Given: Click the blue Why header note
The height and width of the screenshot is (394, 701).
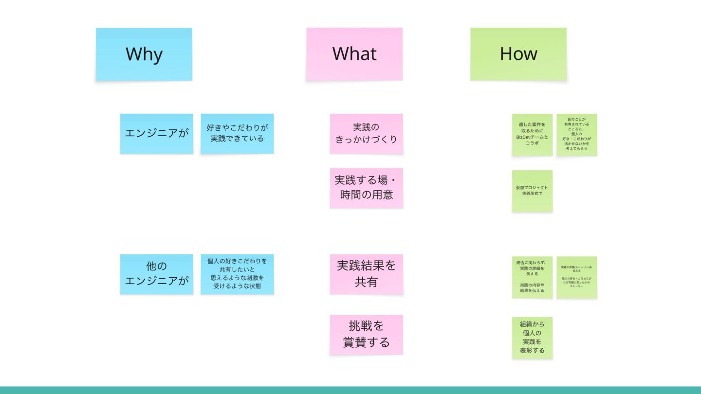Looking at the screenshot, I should pos(144,54).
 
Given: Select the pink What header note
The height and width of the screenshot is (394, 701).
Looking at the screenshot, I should pos(354,54).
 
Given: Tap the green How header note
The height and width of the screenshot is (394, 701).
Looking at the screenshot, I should pos(518,54).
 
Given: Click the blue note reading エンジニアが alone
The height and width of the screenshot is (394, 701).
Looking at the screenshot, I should pos(156,133).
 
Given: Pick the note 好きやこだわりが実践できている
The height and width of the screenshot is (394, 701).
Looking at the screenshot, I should pos(237,133).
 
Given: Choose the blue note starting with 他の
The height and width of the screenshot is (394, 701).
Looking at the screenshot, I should pos(156,274).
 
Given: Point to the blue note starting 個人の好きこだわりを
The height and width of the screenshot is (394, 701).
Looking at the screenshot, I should pos(237,274).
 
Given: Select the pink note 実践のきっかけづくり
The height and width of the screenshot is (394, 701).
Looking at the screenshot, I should pos(366,134).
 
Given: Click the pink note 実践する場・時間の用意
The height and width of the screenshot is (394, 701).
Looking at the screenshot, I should pos(366,188).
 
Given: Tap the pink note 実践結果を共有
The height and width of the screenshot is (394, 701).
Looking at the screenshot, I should pos(366,274).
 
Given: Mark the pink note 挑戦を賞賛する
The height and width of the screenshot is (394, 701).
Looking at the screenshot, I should pos(366,335).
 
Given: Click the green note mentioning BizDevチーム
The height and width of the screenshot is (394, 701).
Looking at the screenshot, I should pos(532,134).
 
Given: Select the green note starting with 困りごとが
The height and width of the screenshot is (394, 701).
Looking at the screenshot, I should pos(577,134).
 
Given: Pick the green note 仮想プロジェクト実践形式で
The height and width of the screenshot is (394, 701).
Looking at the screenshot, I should pos(532,191).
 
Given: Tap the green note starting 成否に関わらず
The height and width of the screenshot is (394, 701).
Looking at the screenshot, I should pos(532,277).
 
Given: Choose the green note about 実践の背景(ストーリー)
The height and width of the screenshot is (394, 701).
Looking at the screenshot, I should pos(577,277).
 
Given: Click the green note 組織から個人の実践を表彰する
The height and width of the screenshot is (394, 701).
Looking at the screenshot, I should pos(532,338).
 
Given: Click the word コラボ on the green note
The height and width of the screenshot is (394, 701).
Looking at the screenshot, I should pos(532,143).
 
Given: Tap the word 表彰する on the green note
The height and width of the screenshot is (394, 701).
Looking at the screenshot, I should pos(532,350).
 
